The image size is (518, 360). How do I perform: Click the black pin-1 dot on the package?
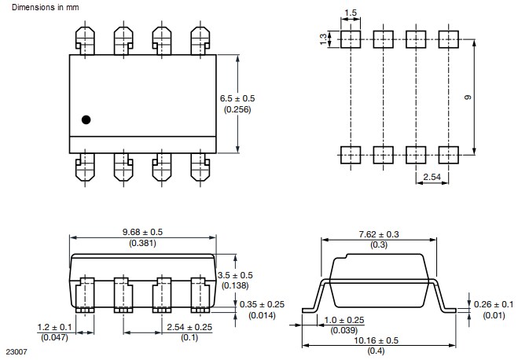86,119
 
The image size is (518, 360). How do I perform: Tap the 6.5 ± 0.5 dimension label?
240,98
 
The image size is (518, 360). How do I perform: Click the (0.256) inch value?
239,110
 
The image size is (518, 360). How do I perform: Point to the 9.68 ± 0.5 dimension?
142,232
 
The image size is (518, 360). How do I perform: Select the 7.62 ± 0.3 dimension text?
379,233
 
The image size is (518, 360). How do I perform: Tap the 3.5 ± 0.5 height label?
237,274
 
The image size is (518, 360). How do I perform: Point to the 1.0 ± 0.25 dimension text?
344,321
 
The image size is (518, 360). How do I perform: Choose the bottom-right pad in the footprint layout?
448,153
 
